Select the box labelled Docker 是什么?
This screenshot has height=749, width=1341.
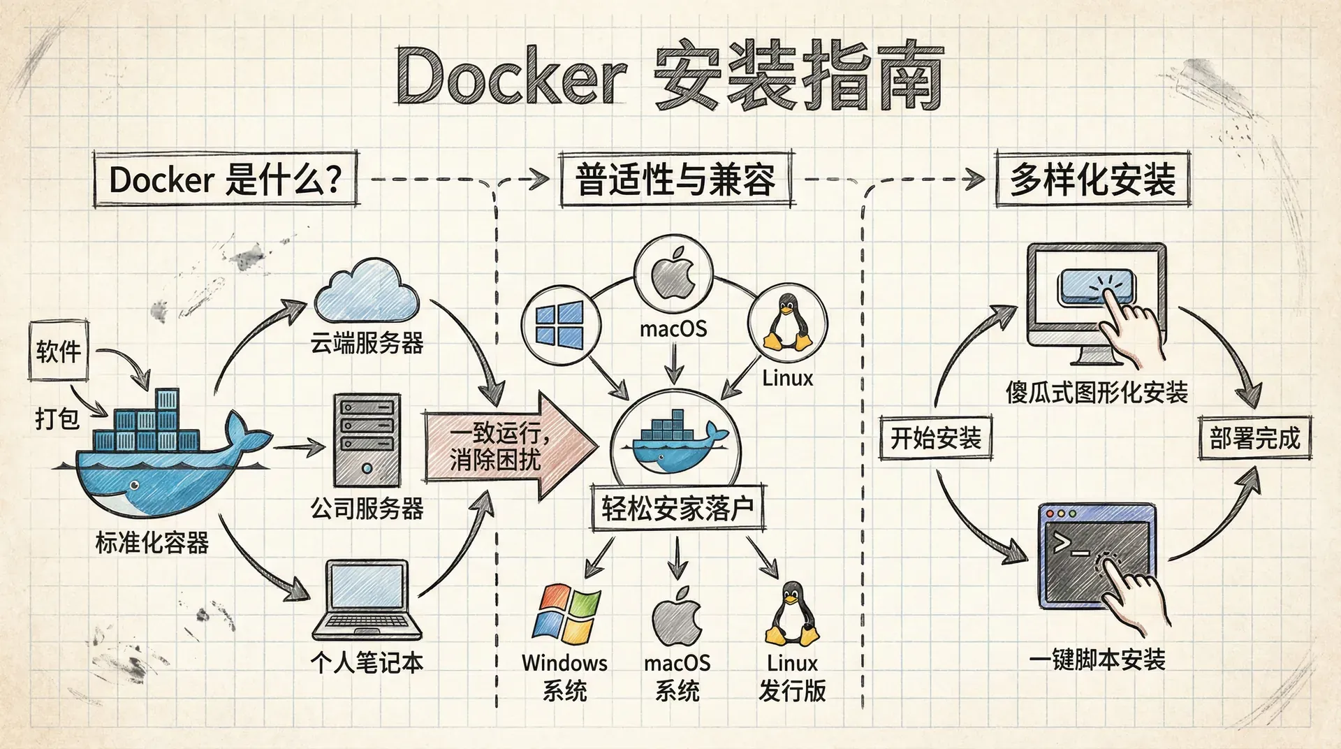pyautogui.click(x=226, y=180)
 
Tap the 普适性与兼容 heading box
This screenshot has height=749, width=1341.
pyautogui.click(x=675, y=180)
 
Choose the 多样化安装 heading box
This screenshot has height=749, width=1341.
pyautogui.click(x=1092, y=180)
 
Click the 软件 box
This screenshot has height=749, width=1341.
pyautogui.click(x=59, y=351)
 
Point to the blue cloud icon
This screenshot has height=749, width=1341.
pyautogui.click(x=367, y=291)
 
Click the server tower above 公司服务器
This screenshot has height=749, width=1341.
pyautogui.click(x=367, y=440)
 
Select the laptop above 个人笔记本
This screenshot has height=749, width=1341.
pyautogui.click(x=367, y=601)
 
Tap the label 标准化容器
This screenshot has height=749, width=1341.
pyautogui.click(x=152, y=542)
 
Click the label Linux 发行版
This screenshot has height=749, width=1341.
pyautogui.click(x=792, y=676)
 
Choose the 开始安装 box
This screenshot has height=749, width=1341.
pyautogui.click(x=935, y=438)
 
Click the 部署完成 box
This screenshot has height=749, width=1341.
pyautogui.click(x=1254, y=438)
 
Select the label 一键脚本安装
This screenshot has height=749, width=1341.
pyautogui.click(x=1097, y=659)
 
